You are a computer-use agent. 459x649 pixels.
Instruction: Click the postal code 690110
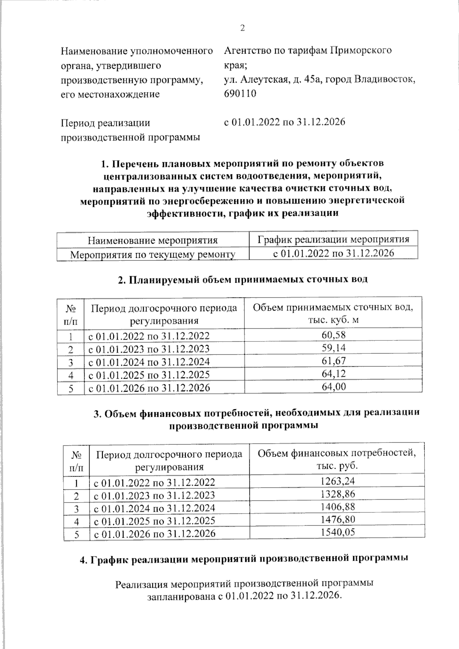[x=240, y=94]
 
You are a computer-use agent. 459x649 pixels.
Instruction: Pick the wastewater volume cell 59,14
[x=333, y=348]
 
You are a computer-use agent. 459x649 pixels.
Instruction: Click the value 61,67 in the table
[x=333, y=361]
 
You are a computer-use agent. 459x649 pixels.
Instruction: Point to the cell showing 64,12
[x=333, y=374]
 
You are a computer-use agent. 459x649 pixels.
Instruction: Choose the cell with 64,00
[x=333, y=387]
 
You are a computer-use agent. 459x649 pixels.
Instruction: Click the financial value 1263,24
[x=337, y=481]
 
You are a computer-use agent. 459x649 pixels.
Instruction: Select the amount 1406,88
[x=337, y=507]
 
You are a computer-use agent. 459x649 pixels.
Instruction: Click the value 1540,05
[x=337, y=532]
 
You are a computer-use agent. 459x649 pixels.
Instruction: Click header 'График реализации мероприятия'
[x=333, y=239]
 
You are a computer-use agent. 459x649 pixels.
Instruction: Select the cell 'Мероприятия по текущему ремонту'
[x=153, y=254]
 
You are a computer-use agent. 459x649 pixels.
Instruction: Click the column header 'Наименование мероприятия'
[x=153, y=240]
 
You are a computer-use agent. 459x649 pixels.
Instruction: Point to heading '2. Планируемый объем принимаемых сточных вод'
[x=243, y=279]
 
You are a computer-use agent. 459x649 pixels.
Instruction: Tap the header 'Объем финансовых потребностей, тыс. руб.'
[x=337, y=459]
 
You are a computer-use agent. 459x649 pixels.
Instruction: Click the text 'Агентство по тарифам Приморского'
[x=308, y=50]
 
